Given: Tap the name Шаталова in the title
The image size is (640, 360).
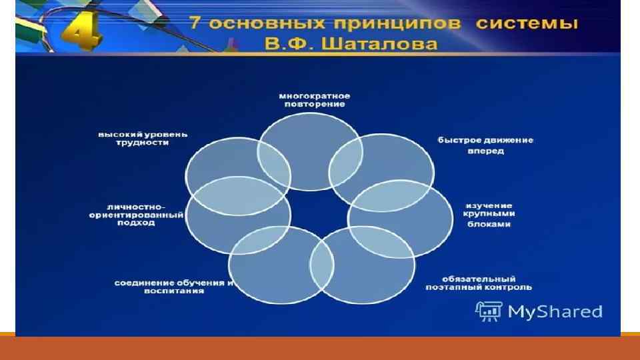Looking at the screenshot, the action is [393, 45].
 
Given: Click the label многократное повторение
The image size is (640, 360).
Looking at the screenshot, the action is [314, 100].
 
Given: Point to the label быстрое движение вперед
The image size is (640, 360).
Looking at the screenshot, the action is [485, 145].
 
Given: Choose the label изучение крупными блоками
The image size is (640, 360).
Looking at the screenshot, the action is [488, 215].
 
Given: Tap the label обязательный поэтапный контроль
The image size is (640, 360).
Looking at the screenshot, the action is [478, 283].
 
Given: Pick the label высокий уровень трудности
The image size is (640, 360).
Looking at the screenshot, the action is [143, 138].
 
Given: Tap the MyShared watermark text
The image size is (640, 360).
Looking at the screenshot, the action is [555, 311].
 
